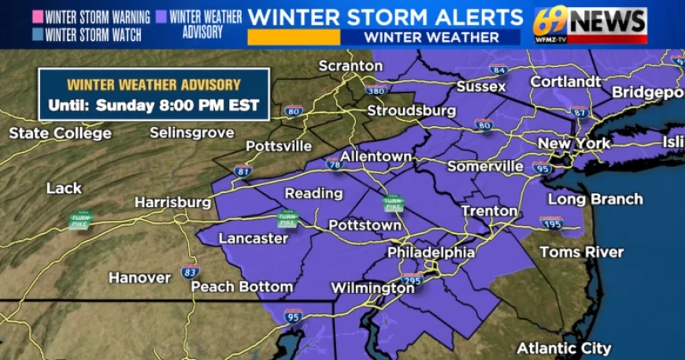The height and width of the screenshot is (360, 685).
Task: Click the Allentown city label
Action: tap(376, 157)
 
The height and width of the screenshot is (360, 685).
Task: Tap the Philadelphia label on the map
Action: tap(431, 253)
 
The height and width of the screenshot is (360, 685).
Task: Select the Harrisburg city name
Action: tap(172, 202)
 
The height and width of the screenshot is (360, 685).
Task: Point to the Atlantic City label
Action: tap(564, 348)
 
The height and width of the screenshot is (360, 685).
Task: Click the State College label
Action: tap(60, 133)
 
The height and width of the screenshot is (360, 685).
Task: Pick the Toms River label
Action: tap(581, 252)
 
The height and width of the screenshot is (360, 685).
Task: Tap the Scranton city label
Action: tap(350, 66)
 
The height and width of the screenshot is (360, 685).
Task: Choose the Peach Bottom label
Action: tap(242, 287)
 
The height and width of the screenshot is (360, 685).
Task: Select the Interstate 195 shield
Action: tap(551, 223)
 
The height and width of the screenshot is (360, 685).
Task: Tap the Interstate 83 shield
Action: tap(190, 272)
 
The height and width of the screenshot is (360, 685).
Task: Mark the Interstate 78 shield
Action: tap(334, 164)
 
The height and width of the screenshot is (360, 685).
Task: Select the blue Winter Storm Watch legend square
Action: tap(38, 35)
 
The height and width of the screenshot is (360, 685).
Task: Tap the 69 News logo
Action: tap(590, 24)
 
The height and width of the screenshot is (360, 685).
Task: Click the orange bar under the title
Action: tap(293, 37)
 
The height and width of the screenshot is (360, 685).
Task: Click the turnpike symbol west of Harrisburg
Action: tap(80, 220)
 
